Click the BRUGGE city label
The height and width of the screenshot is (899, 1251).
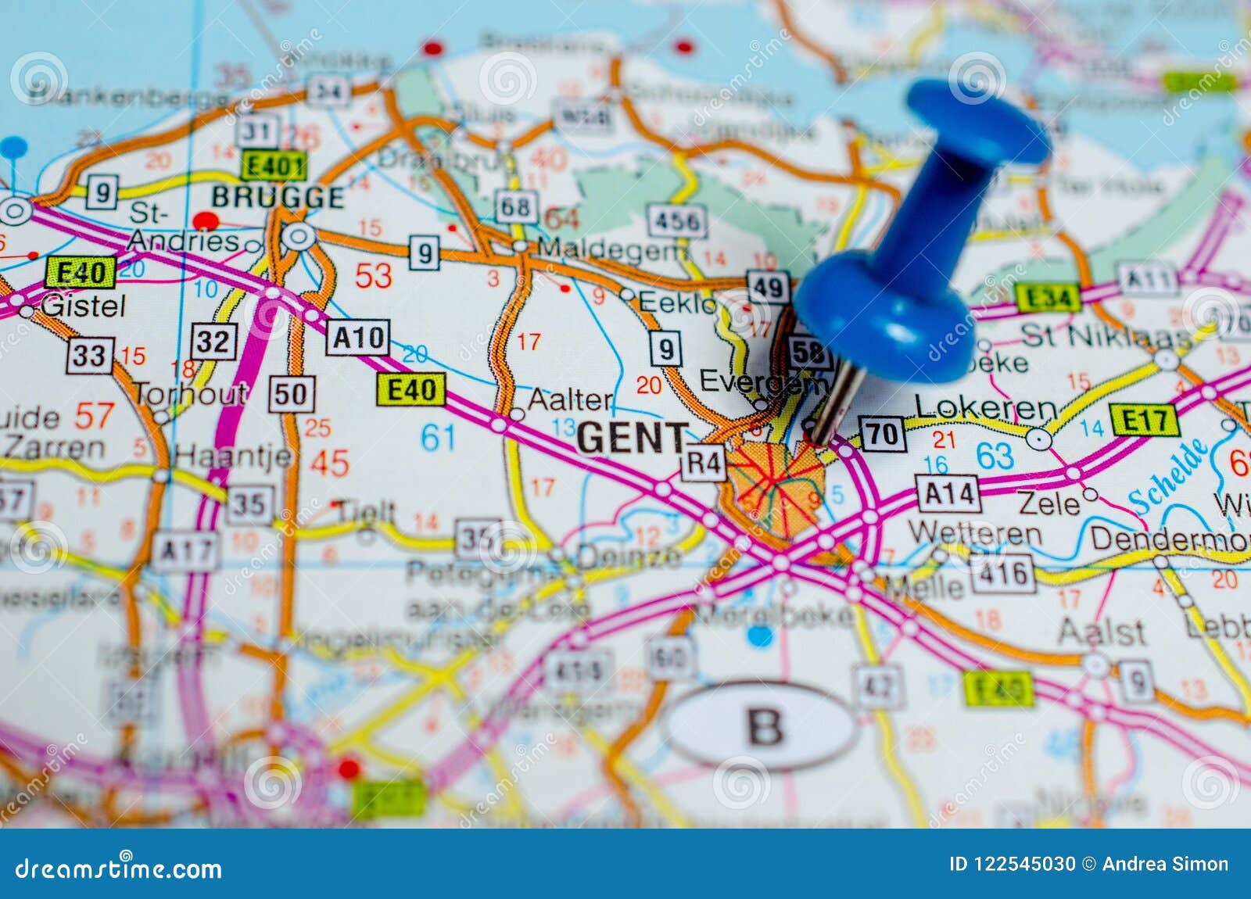point(278,197)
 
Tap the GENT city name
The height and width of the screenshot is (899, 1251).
point(633,438)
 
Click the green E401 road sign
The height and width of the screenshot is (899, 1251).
point(273,166)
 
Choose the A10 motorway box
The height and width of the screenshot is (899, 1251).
point(357,338)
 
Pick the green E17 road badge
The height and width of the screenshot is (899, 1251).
point(1144,421)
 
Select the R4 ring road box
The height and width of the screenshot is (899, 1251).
point(704,463)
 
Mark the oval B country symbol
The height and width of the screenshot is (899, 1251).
point(763,726)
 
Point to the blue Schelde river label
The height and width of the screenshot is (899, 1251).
point(1169,478)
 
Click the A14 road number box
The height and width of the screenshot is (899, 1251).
point(948,494)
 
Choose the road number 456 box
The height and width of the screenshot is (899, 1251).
point(677,221)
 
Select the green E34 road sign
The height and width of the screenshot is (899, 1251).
point(1048,297)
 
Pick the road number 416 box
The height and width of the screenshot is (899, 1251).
point(1003,575)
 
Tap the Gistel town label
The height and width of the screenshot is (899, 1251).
point(83,306)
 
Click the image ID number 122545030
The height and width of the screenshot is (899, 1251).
point(1012,864)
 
